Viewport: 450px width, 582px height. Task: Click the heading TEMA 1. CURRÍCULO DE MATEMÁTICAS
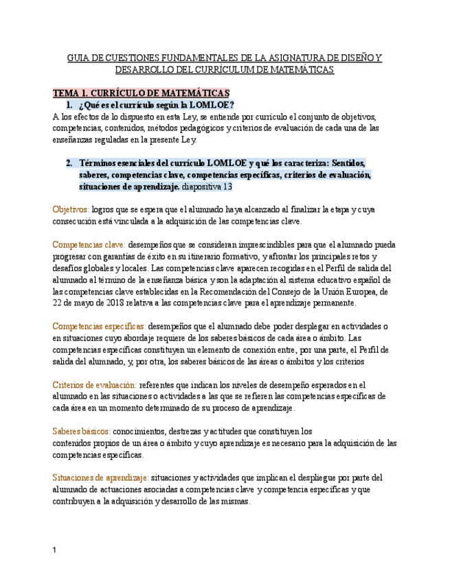click(142, 93)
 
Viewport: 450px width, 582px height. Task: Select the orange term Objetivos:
click(71, 209)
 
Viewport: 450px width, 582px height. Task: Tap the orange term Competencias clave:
click(89, 244)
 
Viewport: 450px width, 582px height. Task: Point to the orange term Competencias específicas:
click(99, 326)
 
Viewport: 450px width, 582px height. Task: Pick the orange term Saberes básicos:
click(81, 431)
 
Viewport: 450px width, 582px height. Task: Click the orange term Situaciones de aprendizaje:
click(100, 478)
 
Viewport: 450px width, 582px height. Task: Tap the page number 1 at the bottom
click(55, 550)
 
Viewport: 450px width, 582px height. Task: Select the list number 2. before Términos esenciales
click(69, 163)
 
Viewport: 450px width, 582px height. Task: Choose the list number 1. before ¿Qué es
click(69, 105)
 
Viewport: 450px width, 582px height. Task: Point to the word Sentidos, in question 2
click(348, 163)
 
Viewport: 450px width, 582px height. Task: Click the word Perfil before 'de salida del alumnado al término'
click(357, 268)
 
